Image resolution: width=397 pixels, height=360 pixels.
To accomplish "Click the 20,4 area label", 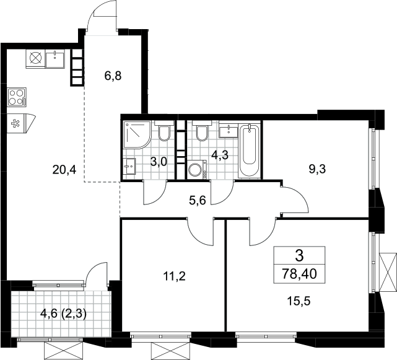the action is [x=64, y=170].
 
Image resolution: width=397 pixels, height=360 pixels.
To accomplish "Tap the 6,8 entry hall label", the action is [x=113, y=76].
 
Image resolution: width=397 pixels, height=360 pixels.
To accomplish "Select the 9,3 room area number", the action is [x=317, y=169].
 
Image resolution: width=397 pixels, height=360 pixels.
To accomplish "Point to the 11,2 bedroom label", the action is [x=175, y=276].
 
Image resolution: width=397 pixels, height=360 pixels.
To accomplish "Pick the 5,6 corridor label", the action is [x=198, y=201].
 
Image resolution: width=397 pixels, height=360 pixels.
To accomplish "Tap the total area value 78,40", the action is [x=300, y=274].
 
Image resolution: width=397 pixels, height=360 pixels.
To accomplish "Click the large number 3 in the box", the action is [x=299, y=256].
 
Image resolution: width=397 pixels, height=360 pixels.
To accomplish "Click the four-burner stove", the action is [x=17, y=97].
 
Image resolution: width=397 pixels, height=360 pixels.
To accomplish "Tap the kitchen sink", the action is [x=55, y=58].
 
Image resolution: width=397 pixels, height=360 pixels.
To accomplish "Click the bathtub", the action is [x=250, y=150].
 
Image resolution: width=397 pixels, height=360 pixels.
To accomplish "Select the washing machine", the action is [x=197, y=169].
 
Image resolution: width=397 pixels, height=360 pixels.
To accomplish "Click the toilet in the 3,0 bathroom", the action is [x=164, y=131].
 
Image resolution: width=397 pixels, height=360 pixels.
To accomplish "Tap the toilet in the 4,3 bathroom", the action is [x=202, y=131].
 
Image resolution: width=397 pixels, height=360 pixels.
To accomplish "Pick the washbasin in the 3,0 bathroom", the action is [x=129, y=167].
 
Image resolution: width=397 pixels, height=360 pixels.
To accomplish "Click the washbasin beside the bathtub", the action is [x=229, y=131].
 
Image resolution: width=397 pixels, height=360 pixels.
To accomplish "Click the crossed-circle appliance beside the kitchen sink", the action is [x=35, y=58].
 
